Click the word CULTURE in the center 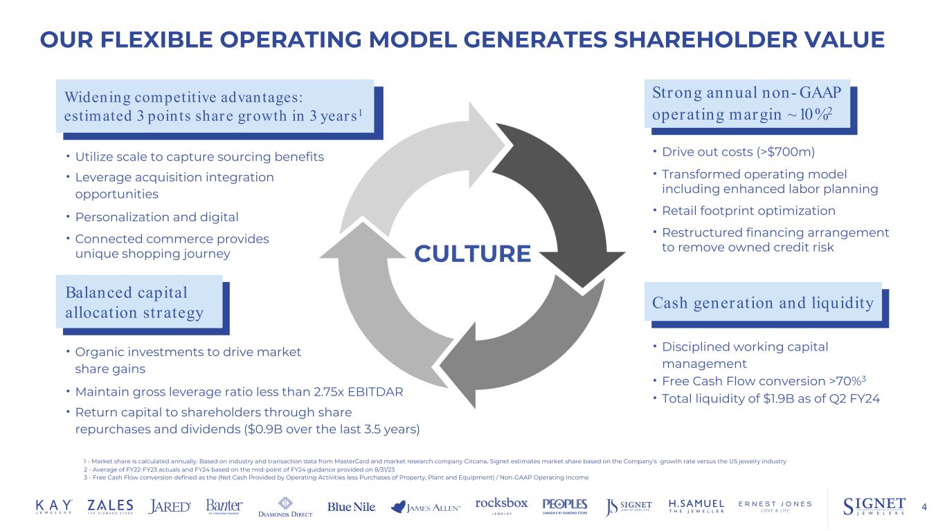pyautogui.click(x=472, y=254)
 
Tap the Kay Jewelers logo pyautogui.click(x=53, y=506)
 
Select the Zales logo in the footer pyautogui.click(x=111, y=506)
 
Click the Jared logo pyautogui.click(x=170, y=507)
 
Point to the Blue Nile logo pyautogui.click(x=352, y=507)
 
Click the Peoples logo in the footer pyautogui.click(x=565, y=506)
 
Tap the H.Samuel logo pyautogui.click(x=696, y=506)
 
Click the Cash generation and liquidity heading pyautogui.click(x=763, y=302)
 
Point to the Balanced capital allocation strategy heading pyautogui.click(x=134, y=302)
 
